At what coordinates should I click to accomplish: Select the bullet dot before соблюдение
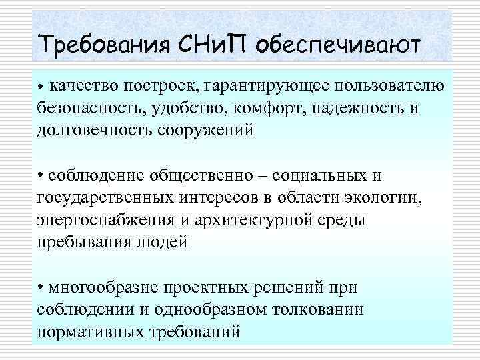[x=41, y=175]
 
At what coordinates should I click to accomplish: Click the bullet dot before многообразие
[x=41, y=287]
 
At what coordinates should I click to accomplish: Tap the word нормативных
[x=93, y=331]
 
